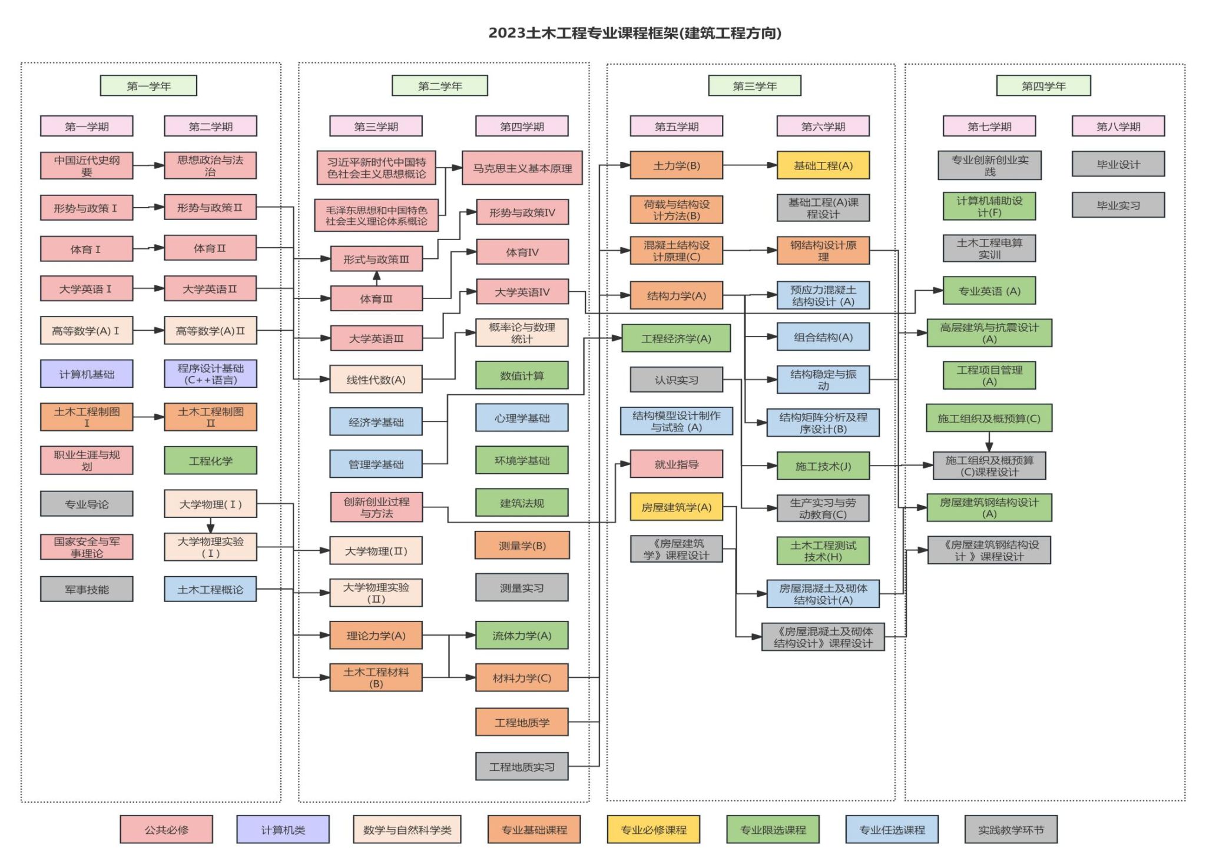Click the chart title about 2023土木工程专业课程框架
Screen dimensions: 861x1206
(634, 33)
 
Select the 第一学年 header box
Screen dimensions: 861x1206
(148, 86)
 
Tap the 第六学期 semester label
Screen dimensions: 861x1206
(823, 126)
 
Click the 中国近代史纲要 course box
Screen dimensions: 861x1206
(87, 165)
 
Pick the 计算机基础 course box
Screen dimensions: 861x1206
(87, 374)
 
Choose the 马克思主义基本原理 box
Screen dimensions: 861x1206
(522, 168)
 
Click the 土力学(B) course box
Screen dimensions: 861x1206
(676, 165)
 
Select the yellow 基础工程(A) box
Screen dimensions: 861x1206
(823, 165)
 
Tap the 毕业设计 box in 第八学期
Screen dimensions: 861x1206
(1118, 164)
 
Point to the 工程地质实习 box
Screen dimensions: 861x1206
(522, 766)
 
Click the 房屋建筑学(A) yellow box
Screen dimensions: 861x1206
(676, 507)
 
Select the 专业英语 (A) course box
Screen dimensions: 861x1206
(989, 291)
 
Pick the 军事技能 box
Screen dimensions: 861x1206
(87, 589)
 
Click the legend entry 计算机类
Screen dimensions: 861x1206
(283, 829)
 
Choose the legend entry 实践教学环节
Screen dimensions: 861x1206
(1010, 829)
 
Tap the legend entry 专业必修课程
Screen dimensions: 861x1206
(653, 829)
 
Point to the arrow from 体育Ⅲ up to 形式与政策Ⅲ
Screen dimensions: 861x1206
(376, 278)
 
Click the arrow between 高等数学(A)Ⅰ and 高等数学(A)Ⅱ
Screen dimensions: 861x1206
(148, 331)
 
